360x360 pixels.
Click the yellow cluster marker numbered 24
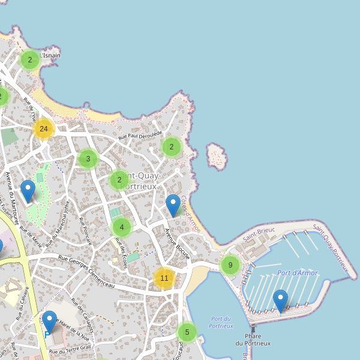click(x=43, y=129)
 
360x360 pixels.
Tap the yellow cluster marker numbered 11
click(x=164, y=278)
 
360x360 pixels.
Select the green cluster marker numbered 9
click(x=230, y=265)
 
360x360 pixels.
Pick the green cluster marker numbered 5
click(x=187, y=332)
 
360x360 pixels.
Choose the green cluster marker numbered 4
click(x=122, y=227)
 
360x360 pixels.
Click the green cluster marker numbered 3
click(x=88, y=159)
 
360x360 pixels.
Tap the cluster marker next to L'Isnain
click(x=30, y=60)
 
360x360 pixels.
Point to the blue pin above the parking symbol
click(x=49, y=321)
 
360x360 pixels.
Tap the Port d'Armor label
click(x=297, y=273)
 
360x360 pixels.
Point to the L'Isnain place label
click(x=50, y=56)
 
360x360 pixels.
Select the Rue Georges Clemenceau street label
click(x=86, y=268)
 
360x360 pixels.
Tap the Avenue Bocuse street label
click(x=178, y=243)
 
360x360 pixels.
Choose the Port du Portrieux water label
click(x=221, y=322)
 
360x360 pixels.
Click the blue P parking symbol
click(x=47, y=334)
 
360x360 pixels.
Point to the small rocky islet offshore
click(x=216, y=156)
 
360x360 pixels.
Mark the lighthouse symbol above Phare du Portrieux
click(x=253, y=329)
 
